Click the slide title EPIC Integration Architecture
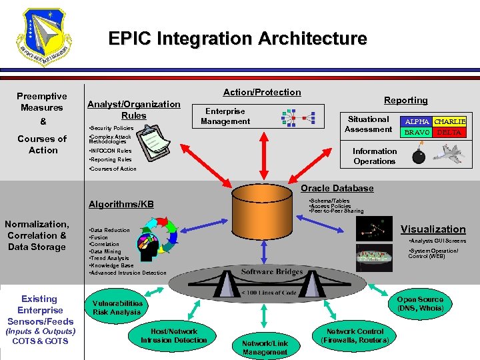[x=237, y=39]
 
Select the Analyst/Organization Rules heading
[x=134, y=109]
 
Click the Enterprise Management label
[x=225, y=116]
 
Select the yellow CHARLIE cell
[x=449, y=121]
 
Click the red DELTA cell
[x=449, y=133]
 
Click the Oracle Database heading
[x=337, y=188]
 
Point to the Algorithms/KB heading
[x=121, y=204]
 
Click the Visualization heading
[x=433, y=229]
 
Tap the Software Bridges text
[x=271, y=271]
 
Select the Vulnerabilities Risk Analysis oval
[x=117, y=307]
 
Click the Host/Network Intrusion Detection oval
[x=174, y=336]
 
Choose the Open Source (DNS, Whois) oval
[x=420, y=304]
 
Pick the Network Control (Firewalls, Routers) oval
[x=355, y=336]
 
